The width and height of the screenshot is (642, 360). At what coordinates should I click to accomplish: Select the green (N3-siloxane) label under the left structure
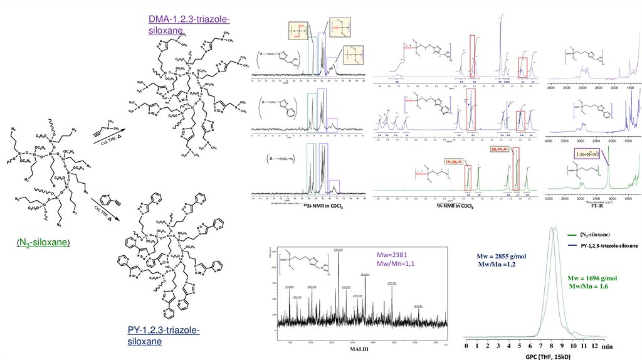click(x=43, y=242)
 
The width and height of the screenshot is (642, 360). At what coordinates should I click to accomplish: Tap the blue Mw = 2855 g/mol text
click(x=497, y=257)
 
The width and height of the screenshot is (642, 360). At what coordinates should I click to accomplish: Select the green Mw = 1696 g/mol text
click(x=592, y=278)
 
